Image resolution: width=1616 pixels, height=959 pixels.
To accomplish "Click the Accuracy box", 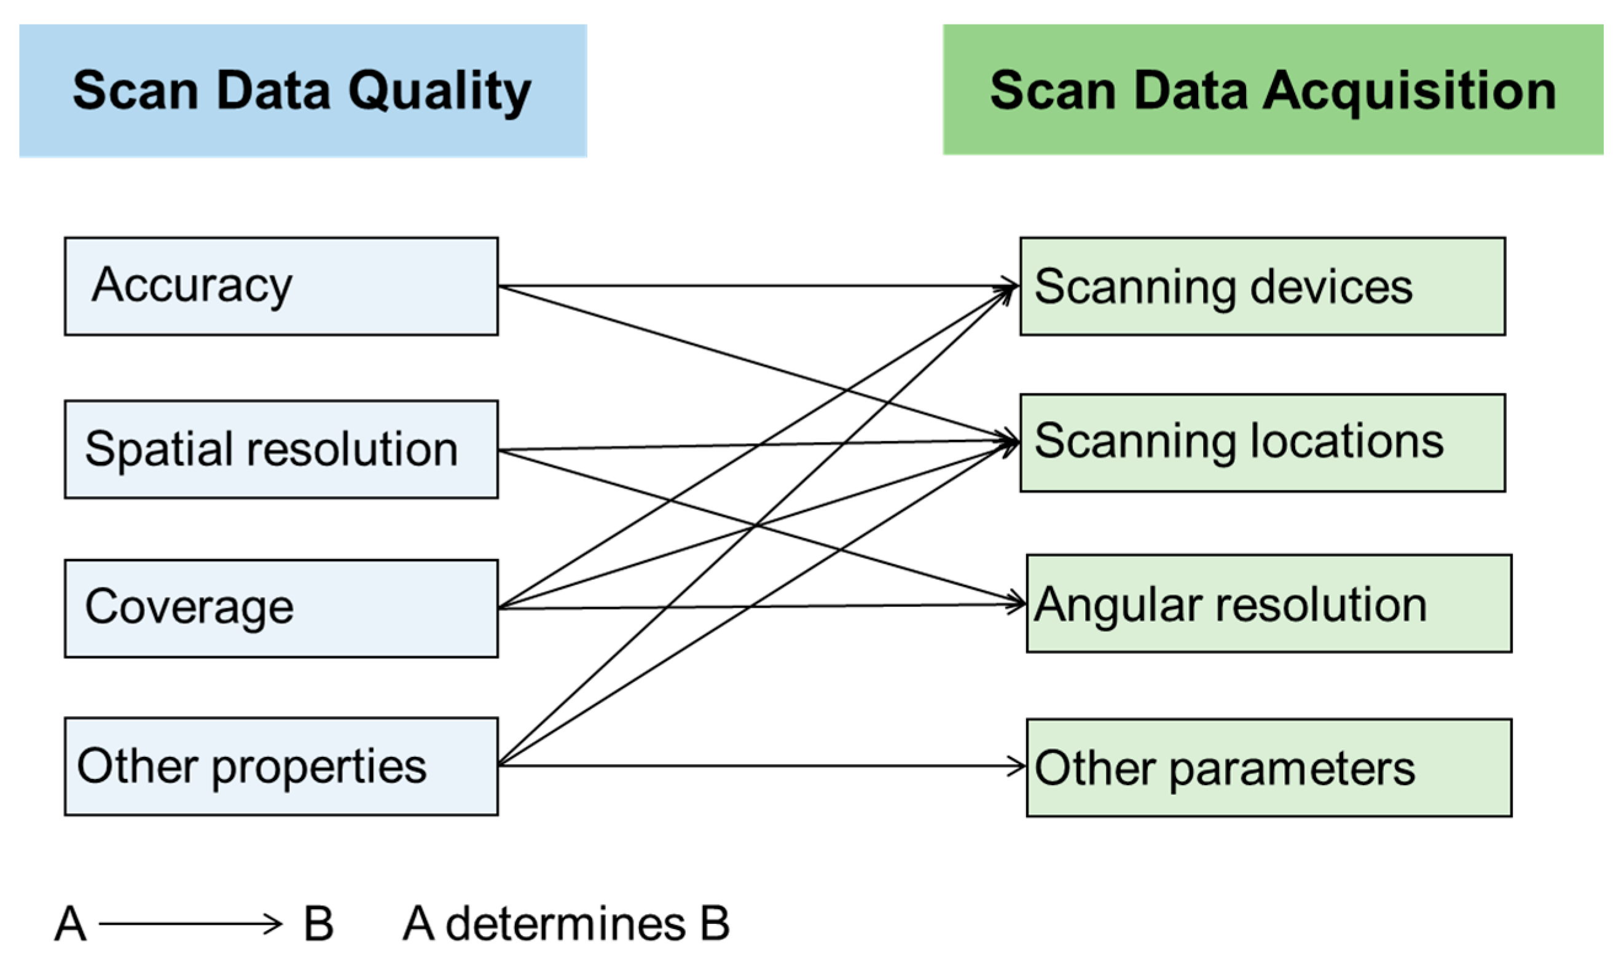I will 281,286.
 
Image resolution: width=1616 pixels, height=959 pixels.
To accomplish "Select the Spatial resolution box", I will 281,449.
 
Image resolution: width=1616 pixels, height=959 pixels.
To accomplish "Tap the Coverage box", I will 281,608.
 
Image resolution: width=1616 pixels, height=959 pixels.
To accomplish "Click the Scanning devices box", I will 1262,286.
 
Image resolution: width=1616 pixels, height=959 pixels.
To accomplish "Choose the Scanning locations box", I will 1262,443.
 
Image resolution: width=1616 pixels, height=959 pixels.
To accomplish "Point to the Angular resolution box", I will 1268,603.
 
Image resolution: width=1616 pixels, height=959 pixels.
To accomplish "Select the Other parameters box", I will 1268,768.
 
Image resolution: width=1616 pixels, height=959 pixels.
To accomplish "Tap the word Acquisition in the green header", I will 1408,90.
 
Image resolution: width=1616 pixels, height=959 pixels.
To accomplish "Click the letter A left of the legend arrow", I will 70,924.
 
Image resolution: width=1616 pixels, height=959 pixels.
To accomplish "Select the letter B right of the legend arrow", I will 318,924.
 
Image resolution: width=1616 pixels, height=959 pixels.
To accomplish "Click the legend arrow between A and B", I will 190,924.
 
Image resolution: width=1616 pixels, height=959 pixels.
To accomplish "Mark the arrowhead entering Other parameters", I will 1018,767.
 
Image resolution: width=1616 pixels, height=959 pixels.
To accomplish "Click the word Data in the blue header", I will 273,90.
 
